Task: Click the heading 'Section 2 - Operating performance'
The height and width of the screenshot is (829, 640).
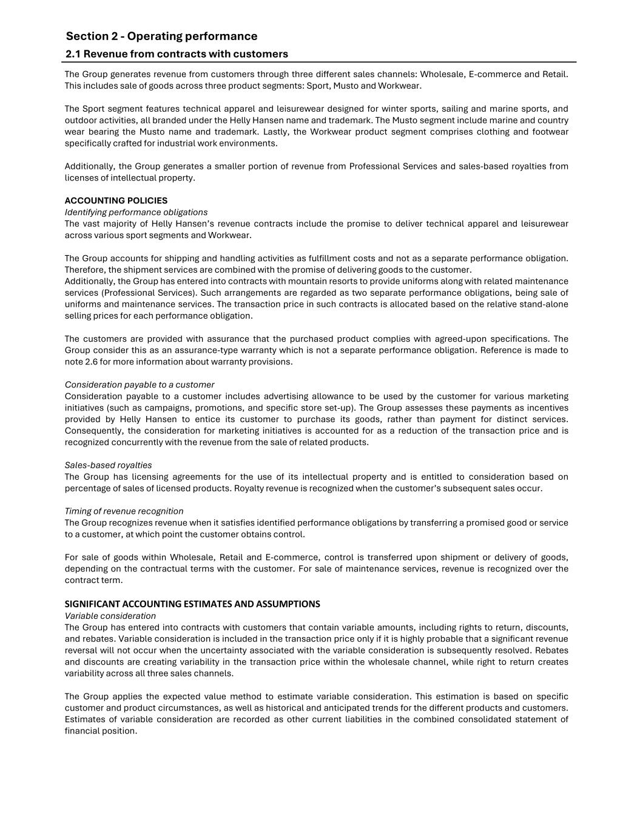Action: click(161, 36)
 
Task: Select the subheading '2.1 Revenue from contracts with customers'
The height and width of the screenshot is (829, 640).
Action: click(177, 54)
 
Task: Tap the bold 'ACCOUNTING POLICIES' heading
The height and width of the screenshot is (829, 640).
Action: click(116, 200)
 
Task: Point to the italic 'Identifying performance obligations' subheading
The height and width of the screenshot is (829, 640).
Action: click(136, 212)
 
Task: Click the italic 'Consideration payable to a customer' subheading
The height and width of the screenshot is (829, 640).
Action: click(140, 384)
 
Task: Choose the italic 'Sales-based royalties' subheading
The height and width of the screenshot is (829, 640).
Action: click(108, 465)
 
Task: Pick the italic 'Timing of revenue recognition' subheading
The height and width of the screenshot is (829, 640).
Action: click(124, 511)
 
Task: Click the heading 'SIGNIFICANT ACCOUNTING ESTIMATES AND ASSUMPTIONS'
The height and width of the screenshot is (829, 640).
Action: click(192, 604)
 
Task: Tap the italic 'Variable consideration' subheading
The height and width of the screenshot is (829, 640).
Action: click(110, 616)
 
